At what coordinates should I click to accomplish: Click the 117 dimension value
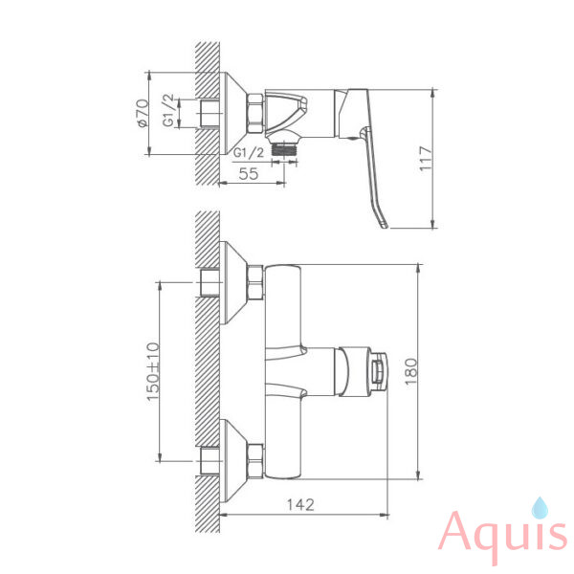coord(426,158)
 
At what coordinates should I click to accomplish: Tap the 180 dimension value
coord(411,371)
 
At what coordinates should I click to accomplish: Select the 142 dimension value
coord(300,505)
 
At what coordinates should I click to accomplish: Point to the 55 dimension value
coord(248,173)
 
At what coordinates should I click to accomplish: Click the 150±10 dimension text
coord(153,371)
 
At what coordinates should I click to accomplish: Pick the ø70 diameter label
coord(143,113)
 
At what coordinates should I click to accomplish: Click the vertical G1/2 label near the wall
coord(168,110)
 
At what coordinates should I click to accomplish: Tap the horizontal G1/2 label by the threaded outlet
coord(249,152)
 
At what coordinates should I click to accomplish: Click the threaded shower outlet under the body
coord(285,149)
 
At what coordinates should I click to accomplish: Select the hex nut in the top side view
coord(255,114)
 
